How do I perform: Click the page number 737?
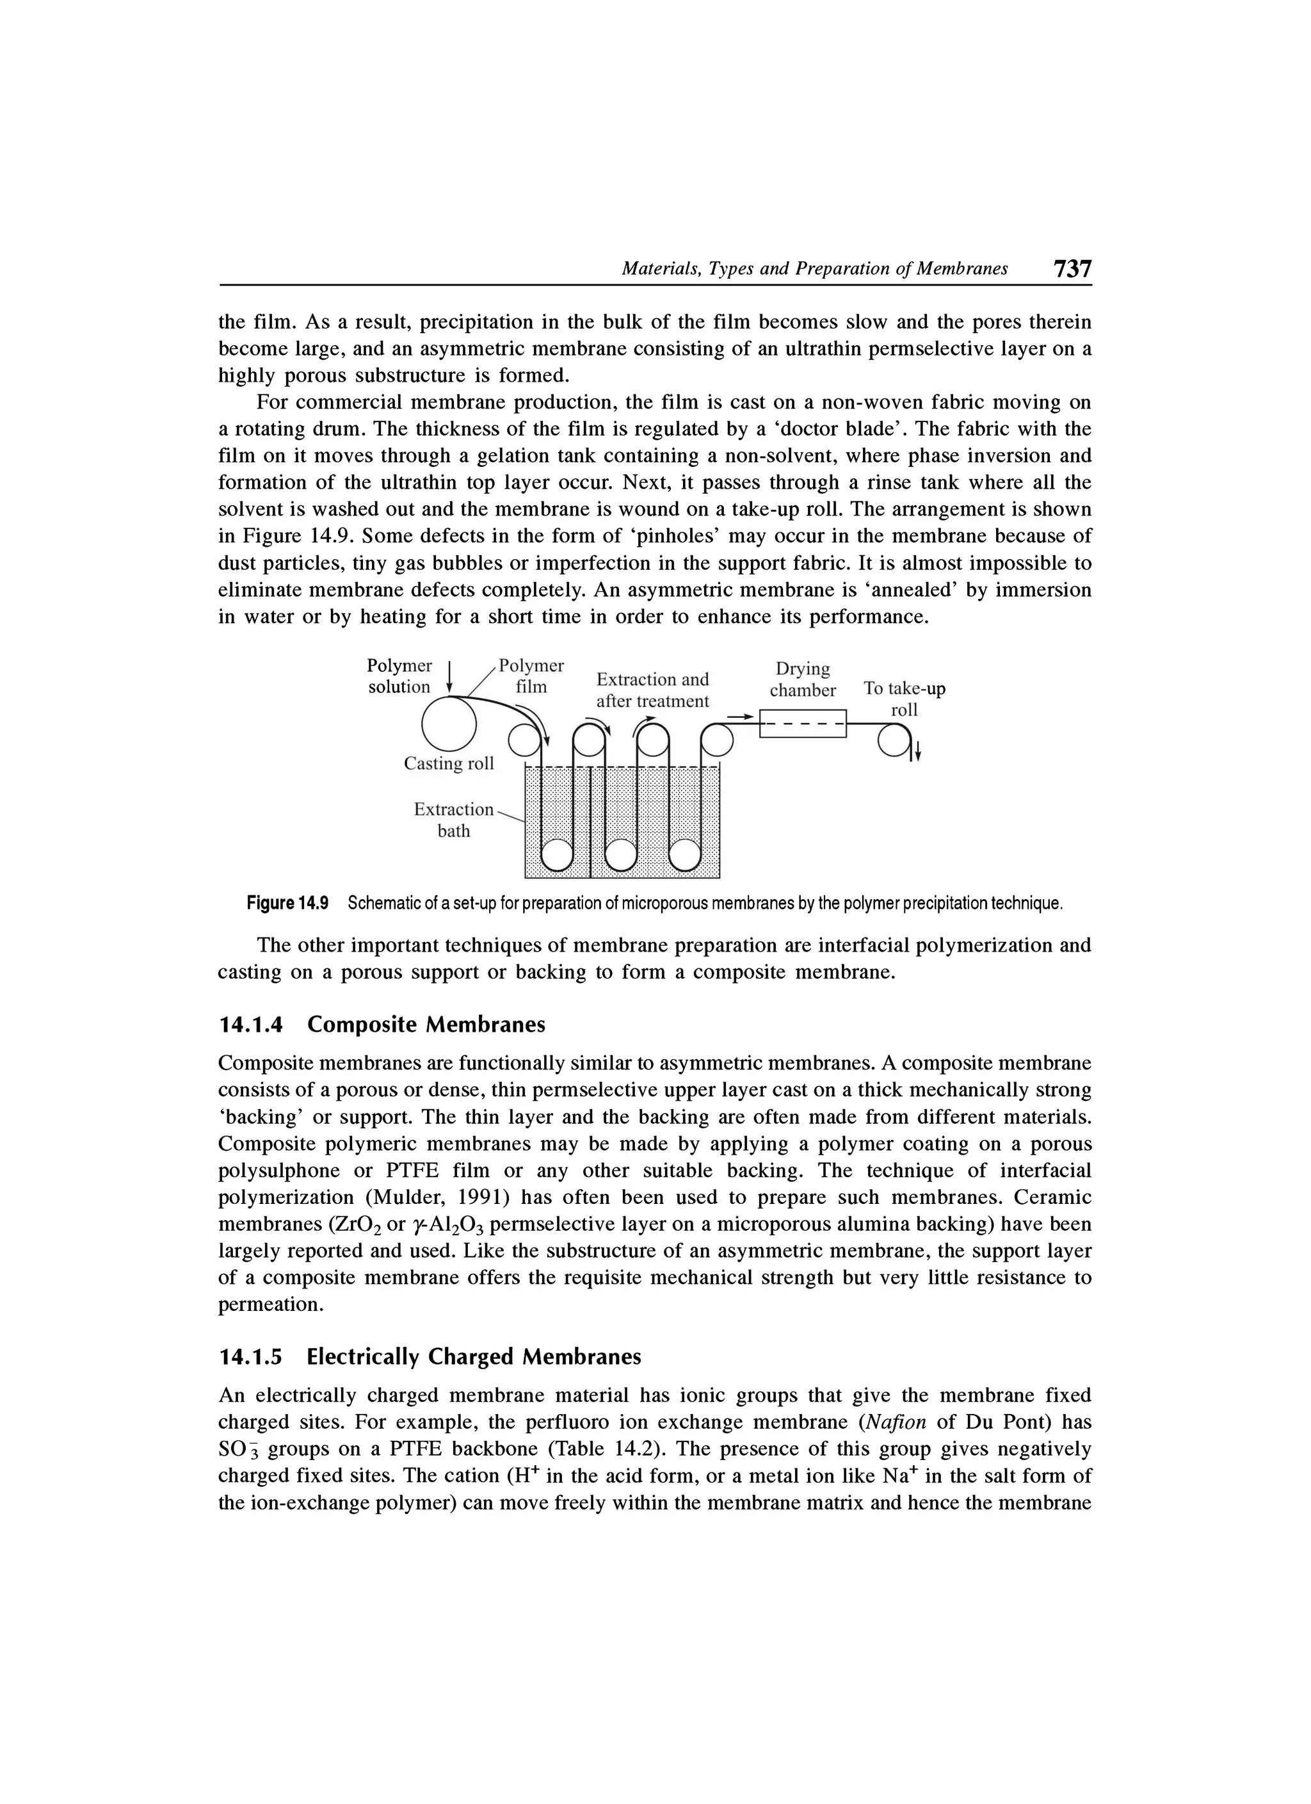(x=1072, y=268)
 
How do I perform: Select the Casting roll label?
(x=448, y=763)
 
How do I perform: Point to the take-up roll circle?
(x=894, y=742)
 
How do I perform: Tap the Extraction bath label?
(x=453, y=820)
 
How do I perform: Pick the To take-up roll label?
(x=905, y=699)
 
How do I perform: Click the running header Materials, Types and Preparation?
(x=814, y=269)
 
